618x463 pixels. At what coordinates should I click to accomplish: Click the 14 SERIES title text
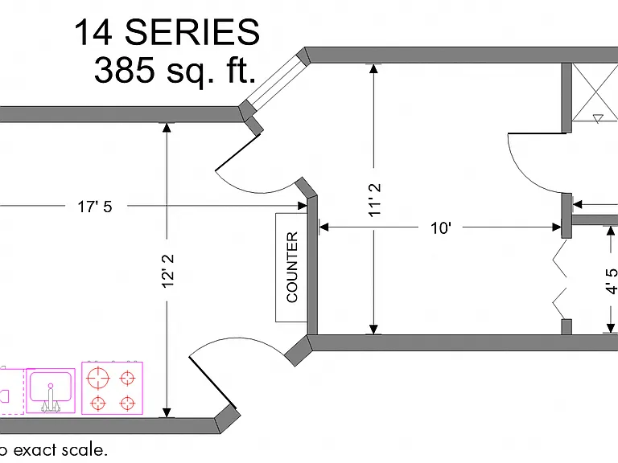[167, 32]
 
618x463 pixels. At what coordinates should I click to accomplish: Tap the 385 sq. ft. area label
[175, 70]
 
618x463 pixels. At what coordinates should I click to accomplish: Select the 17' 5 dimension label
[95, 207]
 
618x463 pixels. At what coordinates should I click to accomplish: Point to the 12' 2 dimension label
[167, 271]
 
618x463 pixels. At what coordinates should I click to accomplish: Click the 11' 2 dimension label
[375, 199]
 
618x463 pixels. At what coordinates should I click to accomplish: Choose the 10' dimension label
[441, 228]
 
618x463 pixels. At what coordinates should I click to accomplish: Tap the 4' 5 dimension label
[612, 281]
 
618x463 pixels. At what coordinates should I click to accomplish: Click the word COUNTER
[292, 268]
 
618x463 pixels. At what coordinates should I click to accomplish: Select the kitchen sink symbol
[51, 391]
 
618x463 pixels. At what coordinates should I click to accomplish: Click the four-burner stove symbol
[113, 388]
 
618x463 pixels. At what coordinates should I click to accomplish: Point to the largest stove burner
[98, 378]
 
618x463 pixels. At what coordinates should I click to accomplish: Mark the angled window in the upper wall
[274, 83]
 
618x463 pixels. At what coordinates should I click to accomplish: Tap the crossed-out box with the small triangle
[595, 92]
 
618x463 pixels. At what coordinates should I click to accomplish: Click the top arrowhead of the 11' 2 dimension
[373, 68]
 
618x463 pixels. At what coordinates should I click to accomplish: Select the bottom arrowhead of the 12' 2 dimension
[167, 412]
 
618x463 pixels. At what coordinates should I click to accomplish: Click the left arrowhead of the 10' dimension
[323, 227]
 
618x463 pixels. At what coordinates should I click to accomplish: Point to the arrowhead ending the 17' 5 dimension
[303, 206]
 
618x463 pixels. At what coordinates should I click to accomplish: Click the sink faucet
[51, 399]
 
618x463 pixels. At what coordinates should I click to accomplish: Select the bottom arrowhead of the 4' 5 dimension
[611, 328]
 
